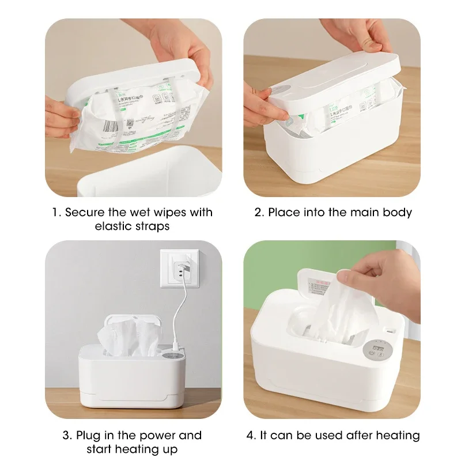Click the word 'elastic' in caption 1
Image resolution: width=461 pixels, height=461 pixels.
[x=114, y=226]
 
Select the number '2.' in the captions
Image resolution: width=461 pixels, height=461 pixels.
[x=259, y=212]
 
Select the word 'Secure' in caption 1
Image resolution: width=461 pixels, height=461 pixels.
[x=85, y=212]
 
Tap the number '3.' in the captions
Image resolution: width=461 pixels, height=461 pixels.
[x=66, y=435]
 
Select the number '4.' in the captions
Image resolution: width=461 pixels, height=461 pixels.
[x=251, y=435]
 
